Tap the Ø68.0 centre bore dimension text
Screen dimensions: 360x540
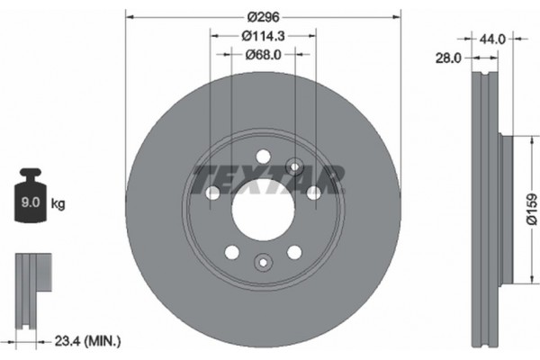263,55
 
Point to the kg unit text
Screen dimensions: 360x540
58,204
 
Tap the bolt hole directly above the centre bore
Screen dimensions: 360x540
263,155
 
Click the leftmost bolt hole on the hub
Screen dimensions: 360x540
212,193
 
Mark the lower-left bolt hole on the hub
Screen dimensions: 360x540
231,252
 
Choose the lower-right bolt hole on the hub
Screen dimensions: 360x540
294,252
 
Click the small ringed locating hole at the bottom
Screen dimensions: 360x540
263,263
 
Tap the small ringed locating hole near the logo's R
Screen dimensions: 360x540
293,164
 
